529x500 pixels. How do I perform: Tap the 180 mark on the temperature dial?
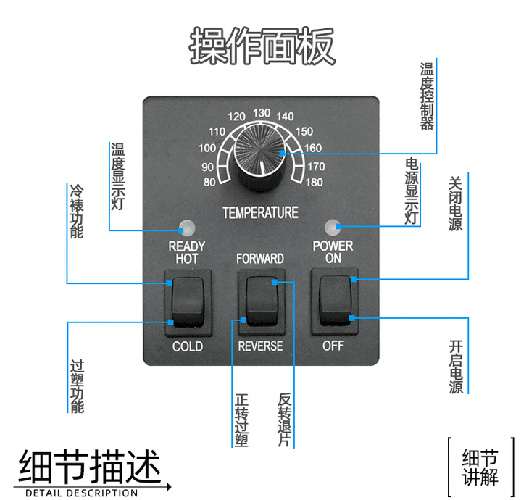click(314, 182)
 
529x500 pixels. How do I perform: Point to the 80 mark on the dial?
click(210, 182)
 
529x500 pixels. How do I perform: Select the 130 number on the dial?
click(262, 112)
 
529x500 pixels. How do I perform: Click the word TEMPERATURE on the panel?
click(260, 213)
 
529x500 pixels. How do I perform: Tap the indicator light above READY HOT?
click(187, 226)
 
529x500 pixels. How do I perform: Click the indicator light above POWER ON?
click(333, 226)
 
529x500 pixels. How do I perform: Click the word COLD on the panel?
click(187, 346)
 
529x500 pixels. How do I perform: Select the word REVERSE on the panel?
click(260, 346)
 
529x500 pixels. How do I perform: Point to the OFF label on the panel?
click(333, 346)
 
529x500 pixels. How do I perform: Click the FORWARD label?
click(260, 258)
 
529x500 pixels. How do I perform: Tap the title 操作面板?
click(263, 46)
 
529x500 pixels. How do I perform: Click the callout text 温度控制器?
click(427, 95)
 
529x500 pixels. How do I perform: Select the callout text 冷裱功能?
click(77, 211)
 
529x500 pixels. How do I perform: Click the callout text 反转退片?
click(284, 420)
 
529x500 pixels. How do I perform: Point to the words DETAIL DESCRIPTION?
click(81, 493)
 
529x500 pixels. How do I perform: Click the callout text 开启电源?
click(456, 366)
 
